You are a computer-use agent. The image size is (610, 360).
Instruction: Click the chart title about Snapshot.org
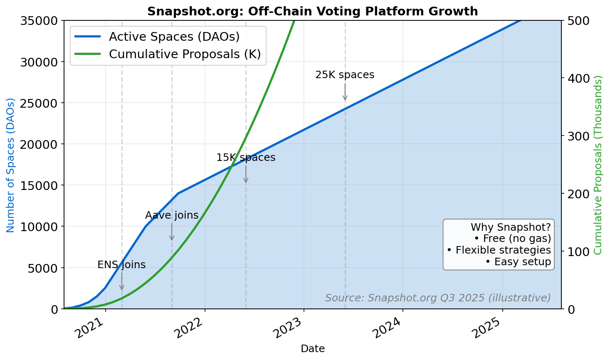(x=312, y=11)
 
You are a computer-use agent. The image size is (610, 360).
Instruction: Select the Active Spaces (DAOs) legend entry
(x=174, y=37)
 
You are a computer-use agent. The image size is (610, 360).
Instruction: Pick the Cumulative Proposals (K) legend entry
(x=185, y=54)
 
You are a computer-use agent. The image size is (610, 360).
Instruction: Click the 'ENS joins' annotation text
(x=121, y=265)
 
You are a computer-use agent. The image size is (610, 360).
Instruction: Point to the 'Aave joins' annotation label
(x=172, y=215)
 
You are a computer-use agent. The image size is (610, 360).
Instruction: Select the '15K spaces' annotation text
(x=246, y=158)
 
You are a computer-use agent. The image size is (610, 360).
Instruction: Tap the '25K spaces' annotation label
(x=345, y=75)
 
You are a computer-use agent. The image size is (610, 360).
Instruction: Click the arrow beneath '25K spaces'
(x=345, y=92)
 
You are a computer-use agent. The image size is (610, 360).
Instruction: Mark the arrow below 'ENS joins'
(x=121, y=281)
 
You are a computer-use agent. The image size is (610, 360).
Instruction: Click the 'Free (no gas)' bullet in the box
(x=512, y=239)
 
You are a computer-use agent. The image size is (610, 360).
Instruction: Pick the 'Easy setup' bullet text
(x=518, y=262)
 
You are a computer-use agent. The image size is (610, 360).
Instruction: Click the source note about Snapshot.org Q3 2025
(x=438, y=298)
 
